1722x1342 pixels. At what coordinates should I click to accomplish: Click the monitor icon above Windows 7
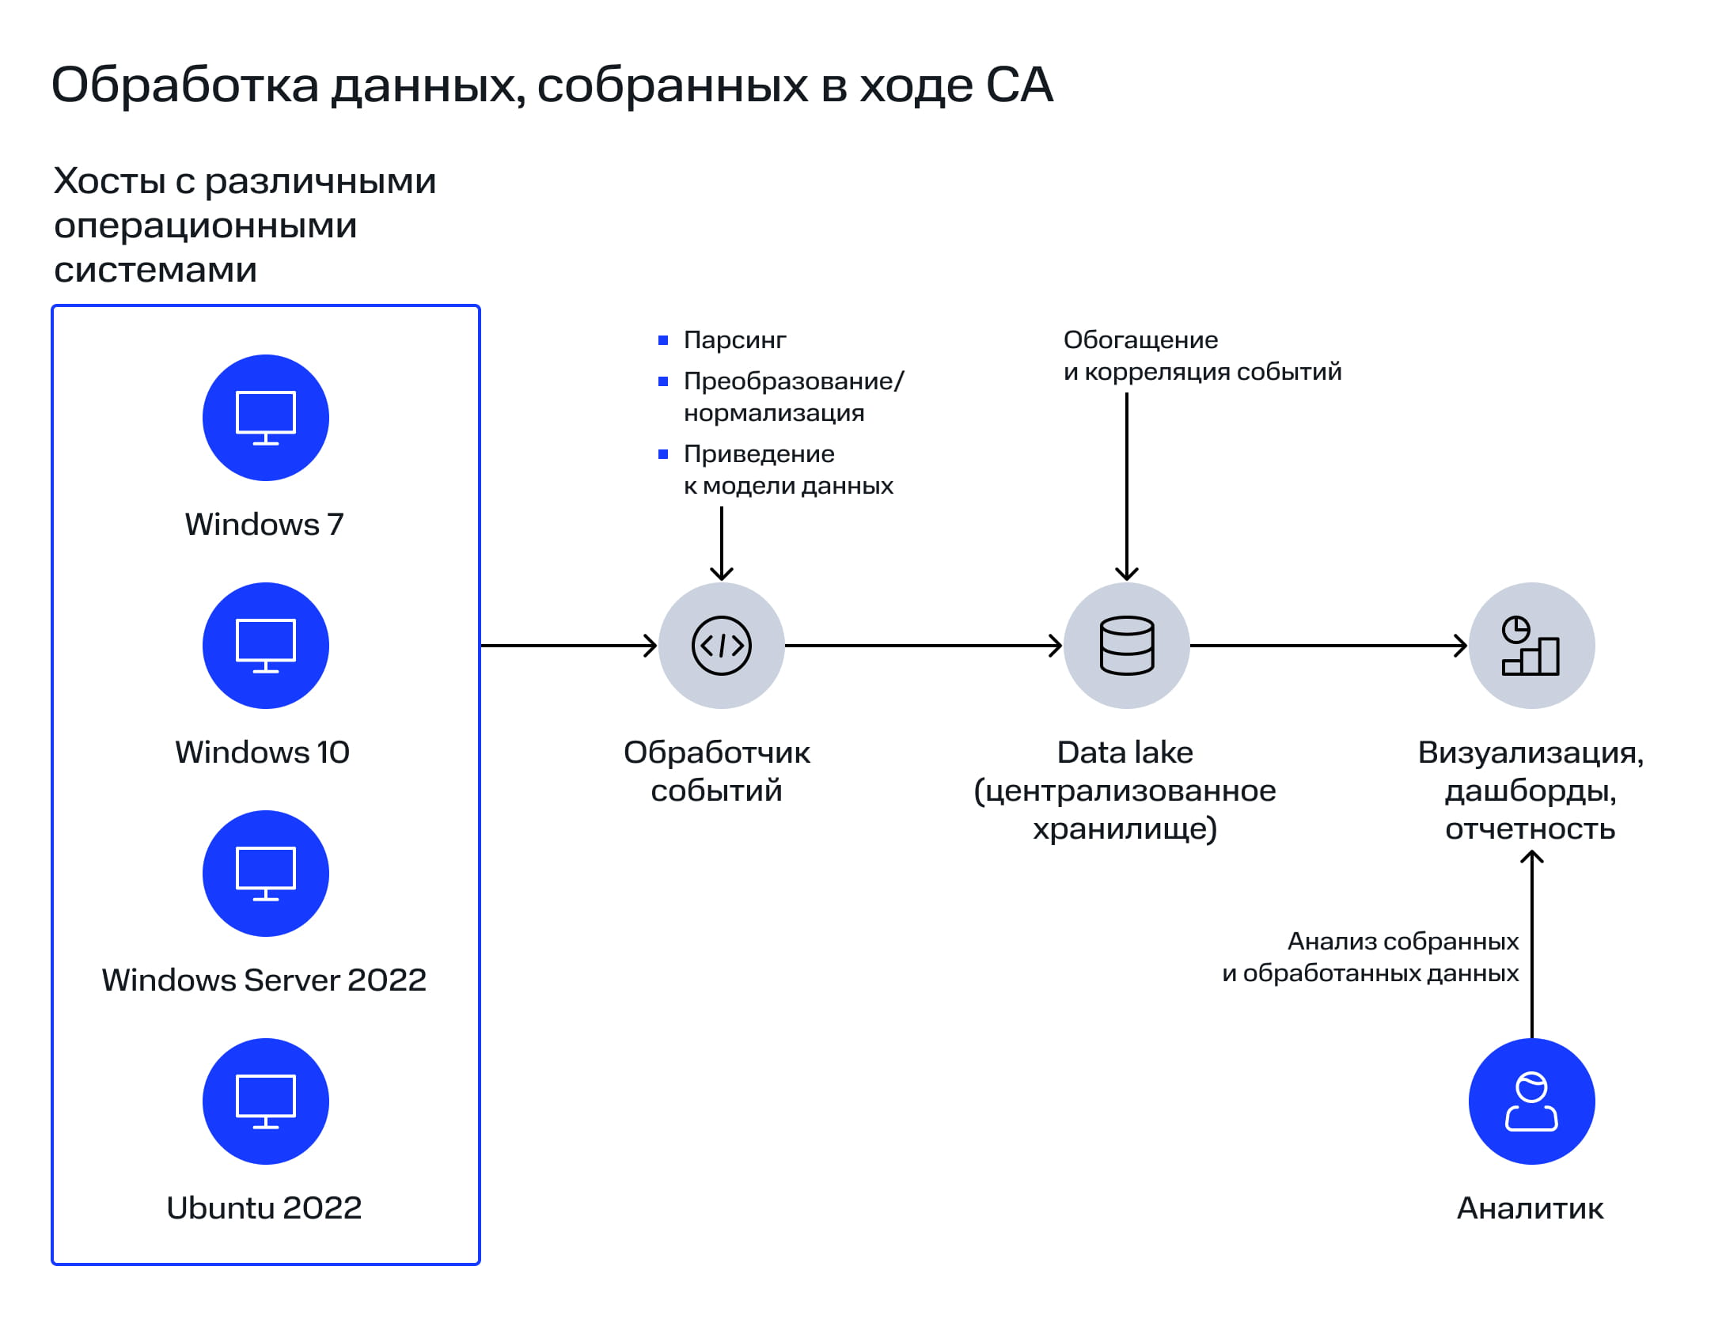coord(265,418)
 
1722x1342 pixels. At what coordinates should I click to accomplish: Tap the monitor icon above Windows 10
coord(265,646)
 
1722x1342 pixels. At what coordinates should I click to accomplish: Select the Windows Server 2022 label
coord(264,980)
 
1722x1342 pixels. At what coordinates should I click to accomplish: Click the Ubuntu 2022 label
coord(264,1207)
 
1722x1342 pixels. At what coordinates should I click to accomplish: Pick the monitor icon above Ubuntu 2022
coord(265,1101)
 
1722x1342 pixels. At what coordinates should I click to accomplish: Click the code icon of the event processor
coord(721,646)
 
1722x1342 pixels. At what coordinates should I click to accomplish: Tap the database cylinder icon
coord(1127,646)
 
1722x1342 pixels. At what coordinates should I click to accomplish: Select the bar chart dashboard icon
coord(1531,646)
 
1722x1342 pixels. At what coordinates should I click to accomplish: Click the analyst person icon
coord(1531,1101)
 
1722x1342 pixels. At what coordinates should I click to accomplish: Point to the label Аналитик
coord(1530,1208)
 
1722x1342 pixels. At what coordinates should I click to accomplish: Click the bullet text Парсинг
coord(734,340)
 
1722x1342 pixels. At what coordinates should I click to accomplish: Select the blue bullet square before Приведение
coord(663,454)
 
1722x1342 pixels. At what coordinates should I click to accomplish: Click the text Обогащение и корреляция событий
coord(1201,356)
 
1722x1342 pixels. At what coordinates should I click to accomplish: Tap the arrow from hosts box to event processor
coord(568,646)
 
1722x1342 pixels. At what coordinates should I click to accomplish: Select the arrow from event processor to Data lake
coord(923,646)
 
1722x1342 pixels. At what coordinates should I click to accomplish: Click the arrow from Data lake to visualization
coord(1328,646)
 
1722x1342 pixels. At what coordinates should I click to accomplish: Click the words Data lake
coord(1125,753)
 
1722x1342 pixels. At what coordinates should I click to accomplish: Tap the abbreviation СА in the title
coord(1019,85)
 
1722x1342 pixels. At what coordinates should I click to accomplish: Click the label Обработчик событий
coord(716,771)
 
